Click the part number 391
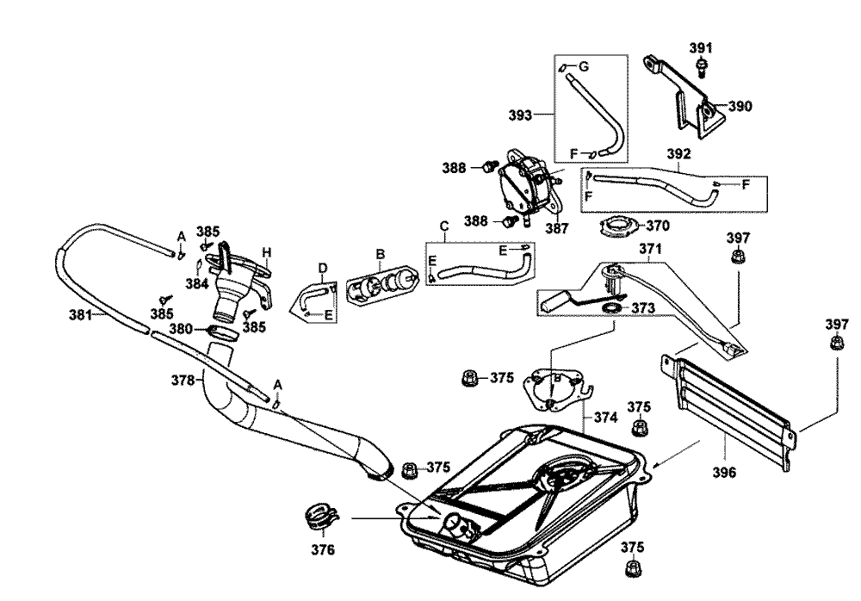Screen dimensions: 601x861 click(701, 47)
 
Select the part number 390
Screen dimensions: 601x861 click(740, 107)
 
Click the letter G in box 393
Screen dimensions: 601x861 click(583, 67)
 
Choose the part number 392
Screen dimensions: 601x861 click(679, 154)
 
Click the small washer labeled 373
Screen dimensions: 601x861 click(610, 307)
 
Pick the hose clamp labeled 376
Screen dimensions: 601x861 click(320, 518)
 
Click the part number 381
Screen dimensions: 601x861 click(82, 315)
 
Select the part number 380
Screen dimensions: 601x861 click(182, 328)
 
